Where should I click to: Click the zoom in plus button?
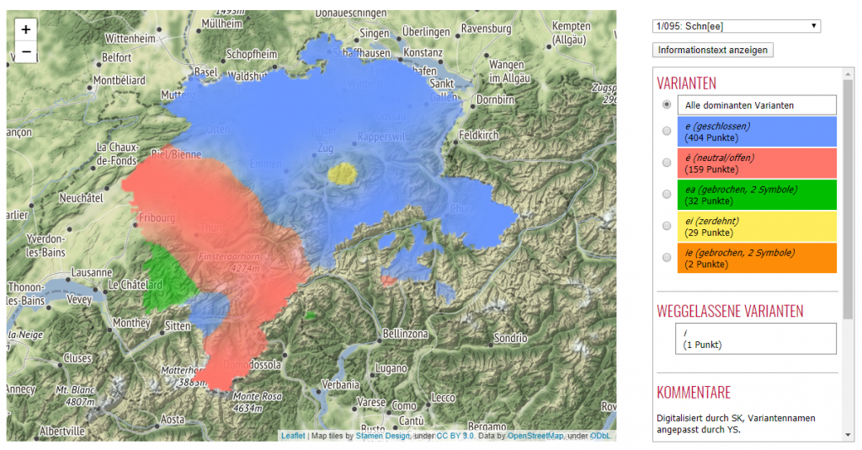[26, 29]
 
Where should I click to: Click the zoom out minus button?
[26, 51]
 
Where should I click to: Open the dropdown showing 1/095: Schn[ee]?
[736, 26]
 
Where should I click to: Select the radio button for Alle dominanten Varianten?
[667, 104]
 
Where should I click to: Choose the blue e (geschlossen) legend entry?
[756, 131]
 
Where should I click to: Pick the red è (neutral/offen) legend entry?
[756, 163]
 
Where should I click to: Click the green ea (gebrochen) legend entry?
[756, 195]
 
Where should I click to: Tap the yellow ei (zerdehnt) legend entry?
[756, 226]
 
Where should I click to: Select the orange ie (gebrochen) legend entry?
[756, 258]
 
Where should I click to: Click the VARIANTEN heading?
[686, 83]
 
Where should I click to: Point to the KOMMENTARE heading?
[694, 392]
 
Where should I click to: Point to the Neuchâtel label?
[85, 198]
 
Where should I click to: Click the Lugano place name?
[391, 368]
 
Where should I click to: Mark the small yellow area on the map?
[343, 174]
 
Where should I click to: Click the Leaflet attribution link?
[293, 436]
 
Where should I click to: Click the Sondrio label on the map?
[510, 338]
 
